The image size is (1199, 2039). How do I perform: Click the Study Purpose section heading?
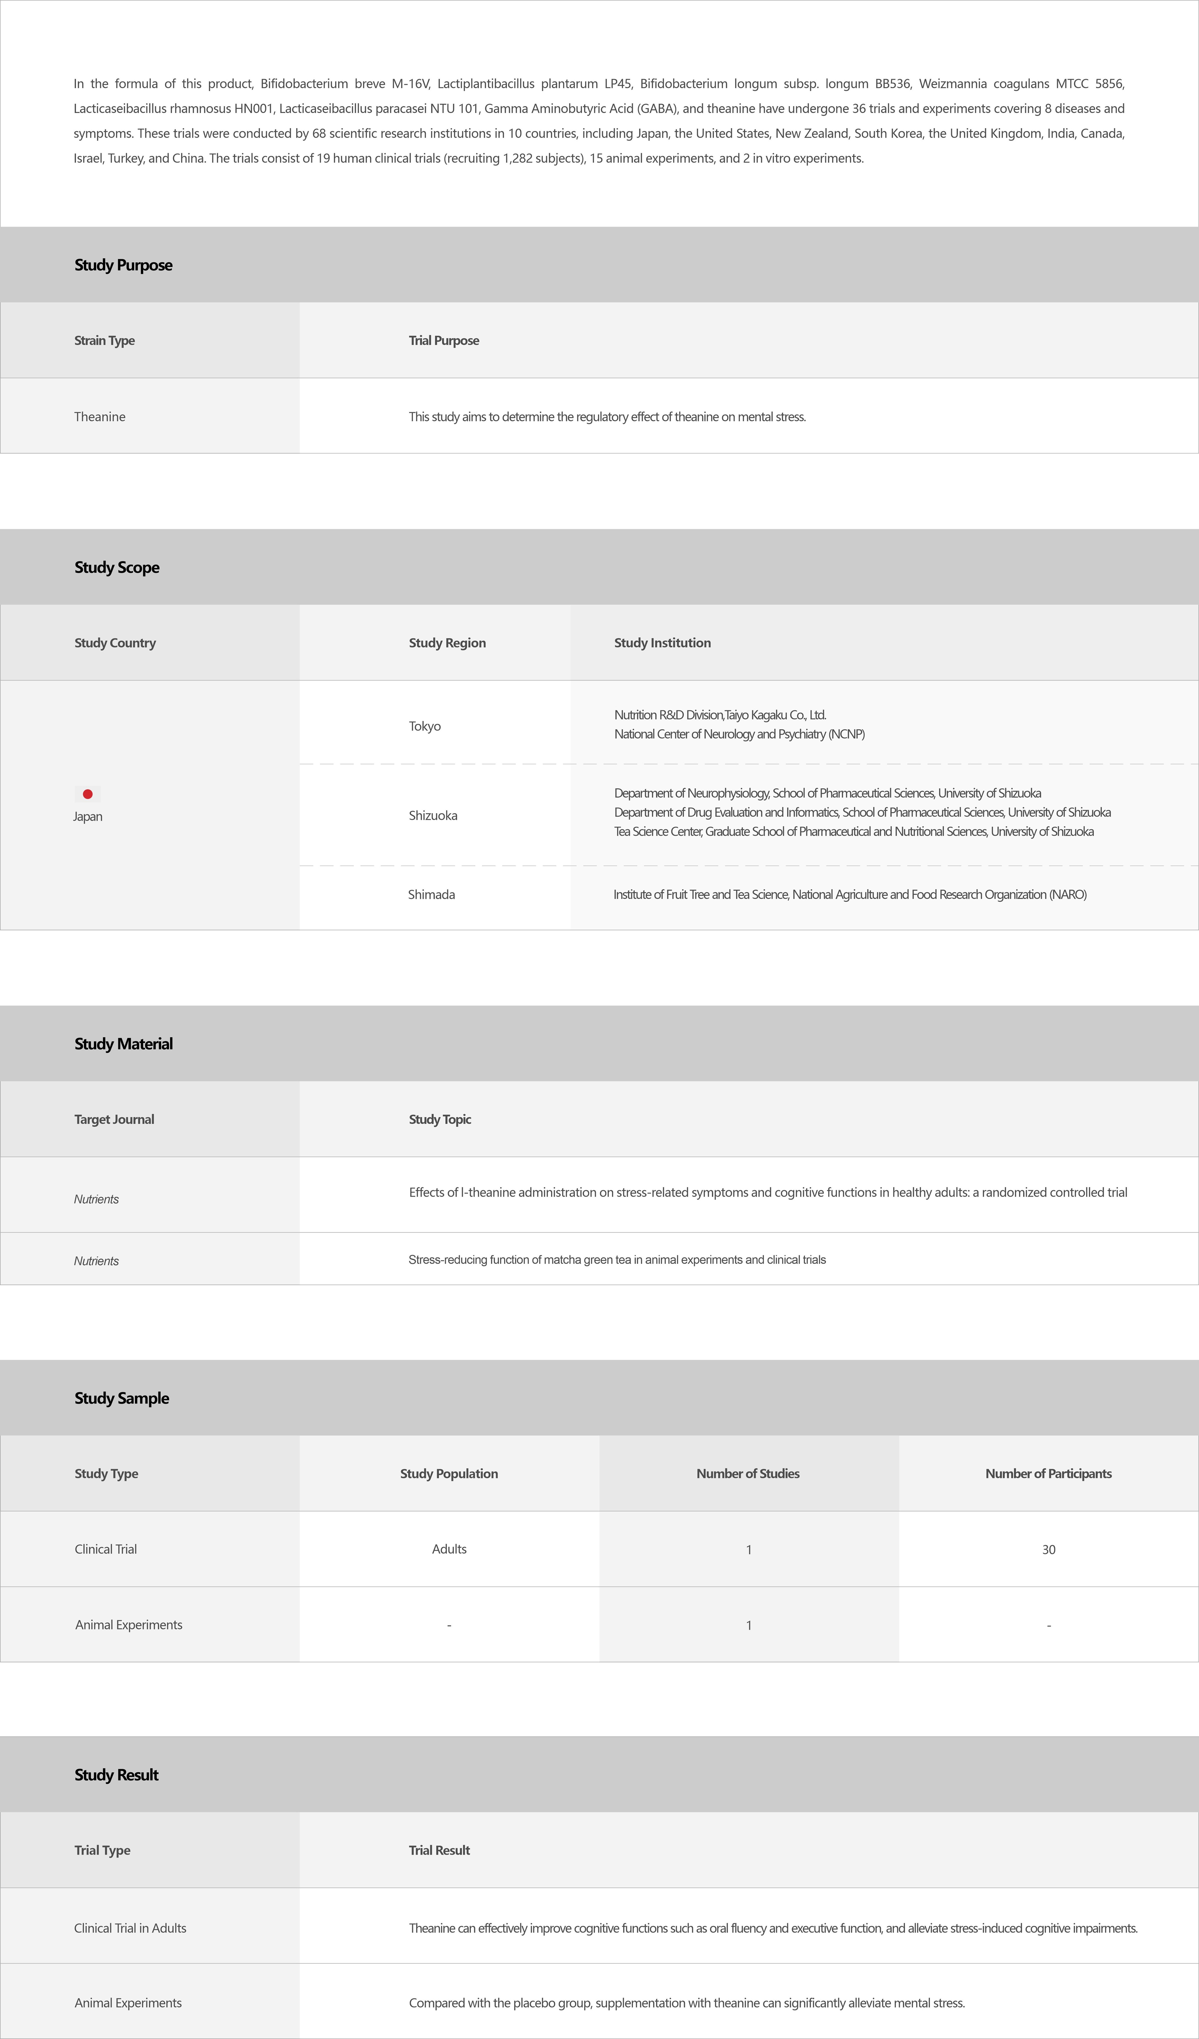(123, 265)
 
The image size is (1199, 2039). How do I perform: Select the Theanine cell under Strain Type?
(99, 417)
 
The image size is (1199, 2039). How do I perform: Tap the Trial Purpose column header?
(443, 341)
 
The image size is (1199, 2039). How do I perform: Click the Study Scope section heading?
(117, 567)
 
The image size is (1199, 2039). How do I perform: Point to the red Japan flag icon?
(87, 794)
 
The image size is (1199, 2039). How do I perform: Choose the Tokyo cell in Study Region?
(425, 726)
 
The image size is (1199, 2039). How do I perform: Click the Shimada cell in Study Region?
(431, 894)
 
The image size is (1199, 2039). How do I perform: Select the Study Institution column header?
(662, 642)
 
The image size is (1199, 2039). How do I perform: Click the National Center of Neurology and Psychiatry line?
(739, 734)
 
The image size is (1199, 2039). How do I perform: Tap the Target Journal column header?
(114, 1119)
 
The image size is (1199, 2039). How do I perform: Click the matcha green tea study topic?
(616, 1260)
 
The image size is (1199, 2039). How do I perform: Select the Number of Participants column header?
(1048, 1473)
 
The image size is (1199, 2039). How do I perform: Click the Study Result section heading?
(117, 1774)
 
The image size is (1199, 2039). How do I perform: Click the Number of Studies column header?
(747, 1473)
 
